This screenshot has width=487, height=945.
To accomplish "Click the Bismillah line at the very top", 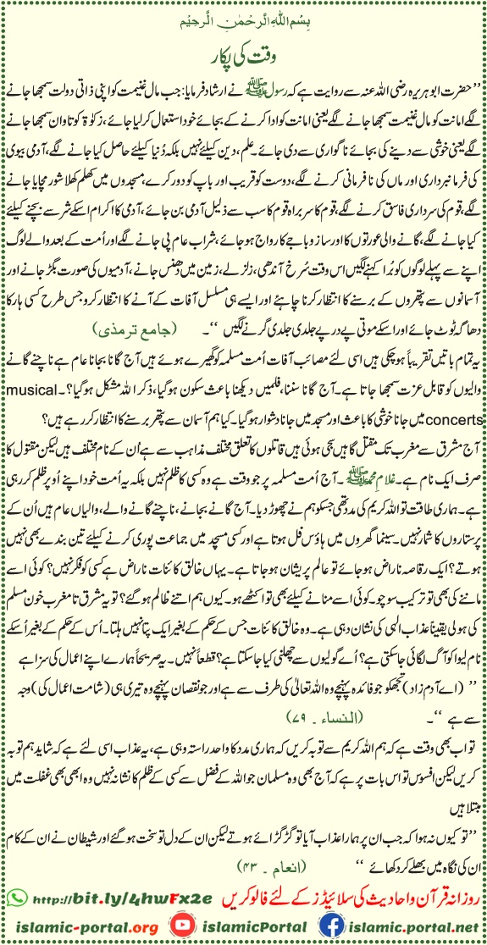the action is pos(243,14).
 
